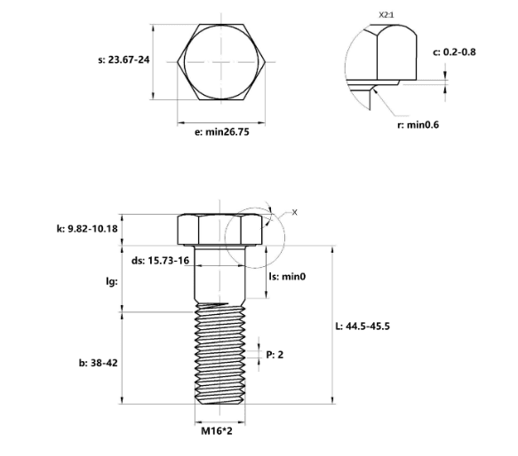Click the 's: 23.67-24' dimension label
coord(124,59)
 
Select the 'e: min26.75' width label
coord(221,132)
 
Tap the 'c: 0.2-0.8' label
coord(454,52)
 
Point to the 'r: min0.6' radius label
coord(418,125)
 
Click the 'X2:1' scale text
coord(387,15)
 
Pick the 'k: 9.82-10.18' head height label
coord(87,229)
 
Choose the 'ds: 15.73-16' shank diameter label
coord(161,261)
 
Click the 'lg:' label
coord(112,281)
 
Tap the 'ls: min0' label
coord(287,277)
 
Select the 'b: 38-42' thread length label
coord(98,363)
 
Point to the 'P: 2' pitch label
coord(275,355)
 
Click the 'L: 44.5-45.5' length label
coord(363,326)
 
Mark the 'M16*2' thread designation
coord(217,431)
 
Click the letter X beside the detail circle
coord(295,213)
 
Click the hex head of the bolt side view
coord(220,230)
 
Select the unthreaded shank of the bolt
coord(220,274)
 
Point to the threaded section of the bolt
coord(220,354)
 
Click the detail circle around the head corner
coord(225,238)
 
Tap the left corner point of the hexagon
coord(178,62)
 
